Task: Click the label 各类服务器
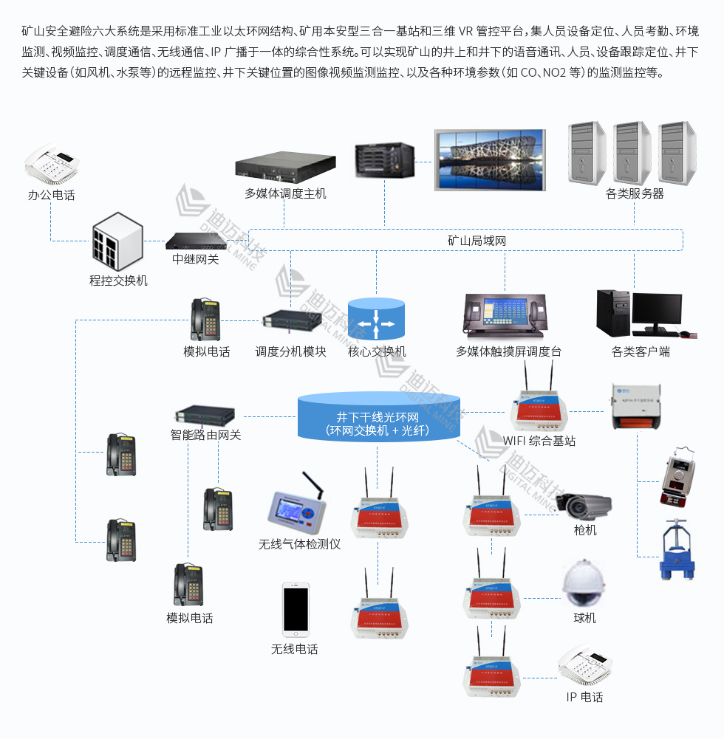coord(634,193)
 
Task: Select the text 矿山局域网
coord(477,241)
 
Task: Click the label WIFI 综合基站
coord(539,441)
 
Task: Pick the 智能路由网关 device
coord(205,416)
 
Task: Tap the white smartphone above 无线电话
coord(296,610)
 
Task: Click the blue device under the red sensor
coord(677,551)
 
